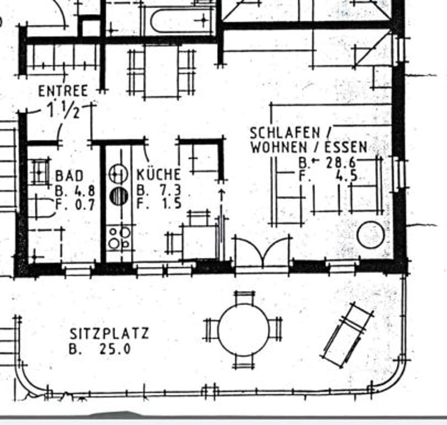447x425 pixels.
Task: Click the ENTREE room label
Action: pos(63,91)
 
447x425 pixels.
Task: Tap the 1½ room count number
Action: pos(64,110)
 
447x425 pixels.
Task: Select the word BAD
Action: pos(69,176)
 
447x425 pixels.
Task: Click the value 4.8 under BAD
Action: pos(84,191)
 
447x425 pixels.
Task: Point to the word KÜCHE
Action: pos(159,174)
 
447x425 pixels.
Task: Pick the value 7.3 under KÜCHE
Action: pos(171,189)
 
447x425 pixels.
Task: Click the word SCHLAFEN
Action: pos(285,133)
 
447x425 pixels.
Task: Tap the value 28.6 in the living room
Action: pos(341,163)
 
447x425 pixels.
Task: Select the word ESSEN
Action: pos(346,147)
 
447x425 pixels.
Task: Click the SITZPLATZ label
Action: pos(110,333)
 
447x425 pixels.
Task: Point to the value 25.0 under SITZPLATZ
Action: pos(116,349)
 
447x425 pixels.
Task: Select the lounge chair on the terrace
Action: pos(347,334)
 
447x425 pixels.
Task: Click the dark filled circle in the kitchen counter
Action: pos(118,196)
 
